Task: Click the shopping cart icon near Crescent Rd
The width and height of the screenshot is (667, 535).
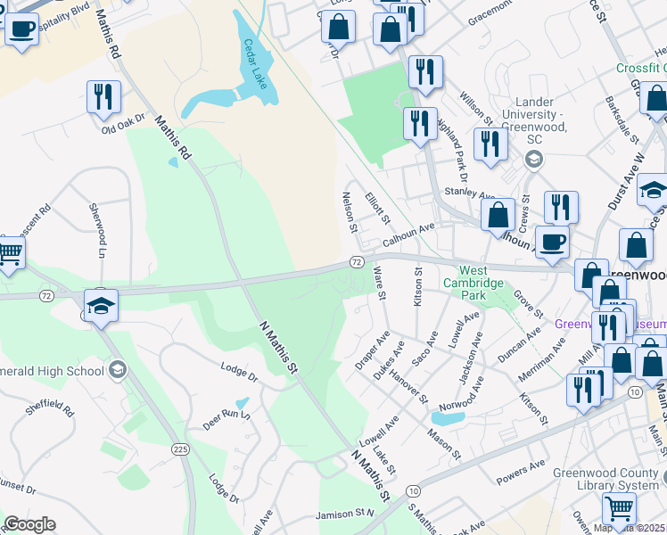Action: click(x=10, y=254)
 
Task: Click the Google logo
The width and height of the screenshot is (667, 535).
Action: click(x=29, y=523)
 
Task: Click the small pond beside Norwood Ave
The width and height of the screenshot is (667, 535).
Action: click(x=449, y=417)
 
